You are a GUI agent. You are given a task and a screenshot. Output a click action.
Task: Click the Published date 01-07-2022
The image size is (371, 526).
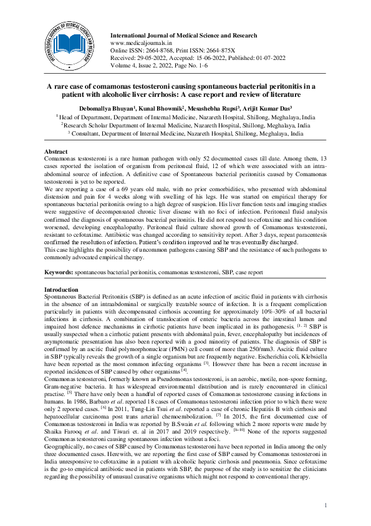click(x=268, y=56)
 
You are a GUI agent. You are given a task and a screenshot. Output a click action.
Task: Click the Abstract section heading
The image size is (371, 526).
click(x=55, y=152)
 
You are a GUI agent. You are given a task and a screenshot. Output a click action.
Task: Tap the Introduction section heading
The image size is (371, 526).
click(x=61, y=290)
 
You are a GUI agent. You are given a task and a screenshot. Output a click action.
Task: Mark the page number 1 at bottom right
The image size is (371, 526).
click(x=325, y=504)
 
